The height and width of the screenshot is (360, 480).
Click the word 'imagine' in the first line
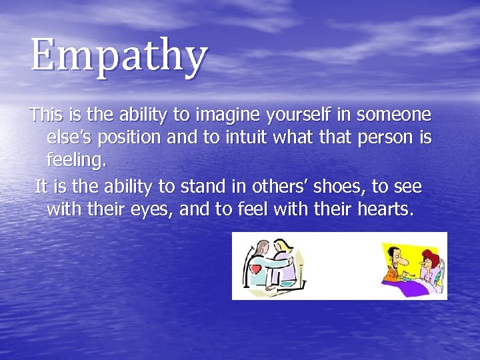coord(233,116)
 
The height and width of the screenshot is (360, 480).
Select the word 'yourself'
coord(305,116)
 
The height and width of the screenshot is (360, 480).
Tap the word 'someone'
coord(394,116)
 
